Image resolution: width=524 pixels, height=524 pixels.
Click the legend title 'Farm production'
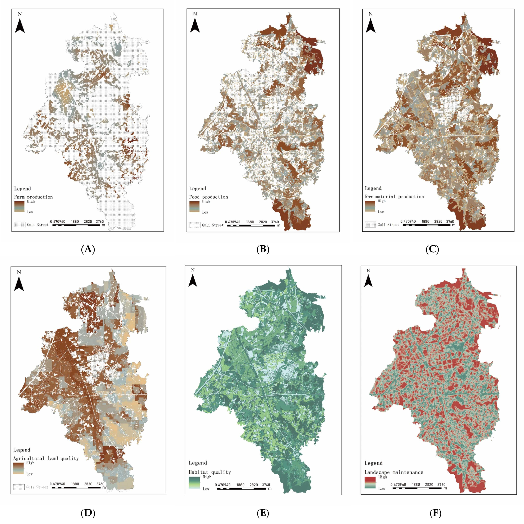[x=33, y=197]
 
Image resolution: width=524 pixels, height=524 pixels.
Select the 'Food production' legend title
[x=208, y=197]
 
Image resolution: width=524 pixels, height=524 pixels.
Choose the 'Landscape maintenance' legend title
[x=394, y=472]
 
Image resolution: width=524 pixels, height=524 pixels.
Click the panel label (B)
[x=263, y=249]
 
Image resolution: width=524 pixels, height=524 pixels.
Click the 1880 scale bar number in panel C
[x=425, y=221]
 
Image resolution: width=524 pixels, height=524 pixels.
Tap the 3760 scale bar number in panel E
[x=266, y=485]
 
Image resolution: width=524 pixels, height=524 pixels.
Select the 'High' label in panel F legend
[x=383, y=477]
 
